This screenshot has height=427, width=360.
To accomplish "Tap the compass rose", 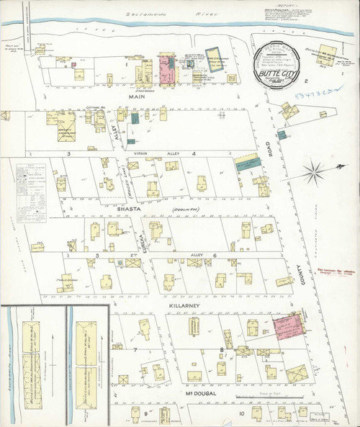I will [x=314, y=171].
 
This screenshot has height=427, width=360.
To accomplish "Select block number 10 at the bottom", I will [x=242, y=414].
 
